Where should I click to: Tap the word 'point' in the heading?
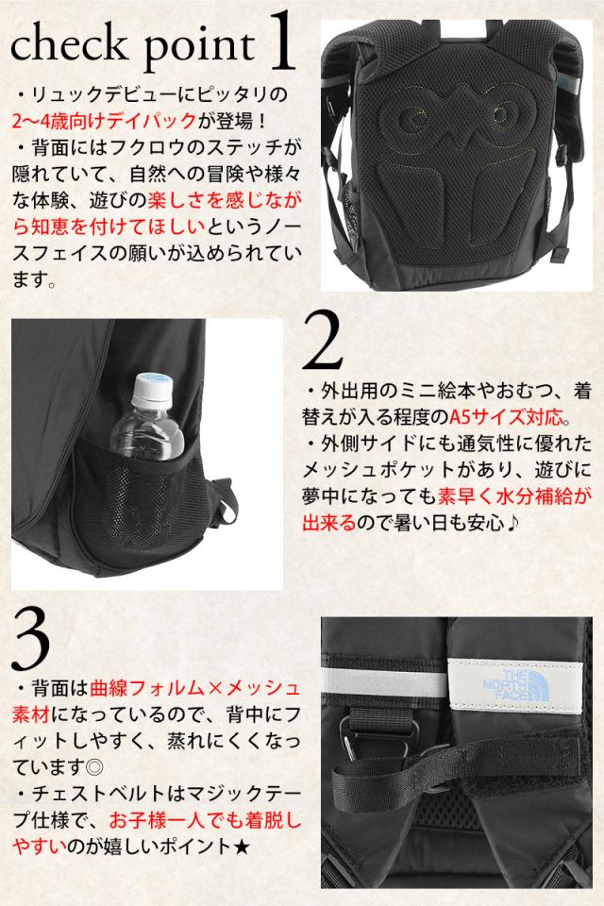pos(199,46)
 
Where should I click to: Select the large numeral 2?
pos(323,341)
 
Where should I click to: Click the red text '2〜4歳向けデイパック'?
pos(104,121)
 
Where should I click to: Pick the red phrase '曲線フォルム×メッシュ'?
pos(195,687)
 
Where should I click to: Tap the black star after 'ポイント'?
pos(241,847)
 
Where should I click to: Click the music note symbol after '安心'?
pos(512,523)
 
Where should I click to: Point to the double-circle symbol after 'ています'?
pos(93,766)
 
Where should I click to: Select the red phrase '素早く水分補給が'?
pos(514,496)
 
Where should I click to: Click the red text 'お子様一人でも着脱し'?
pos(205,820)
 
